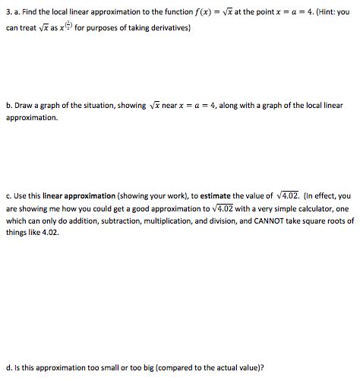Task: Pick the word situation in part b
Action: (x=90, y=106)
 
